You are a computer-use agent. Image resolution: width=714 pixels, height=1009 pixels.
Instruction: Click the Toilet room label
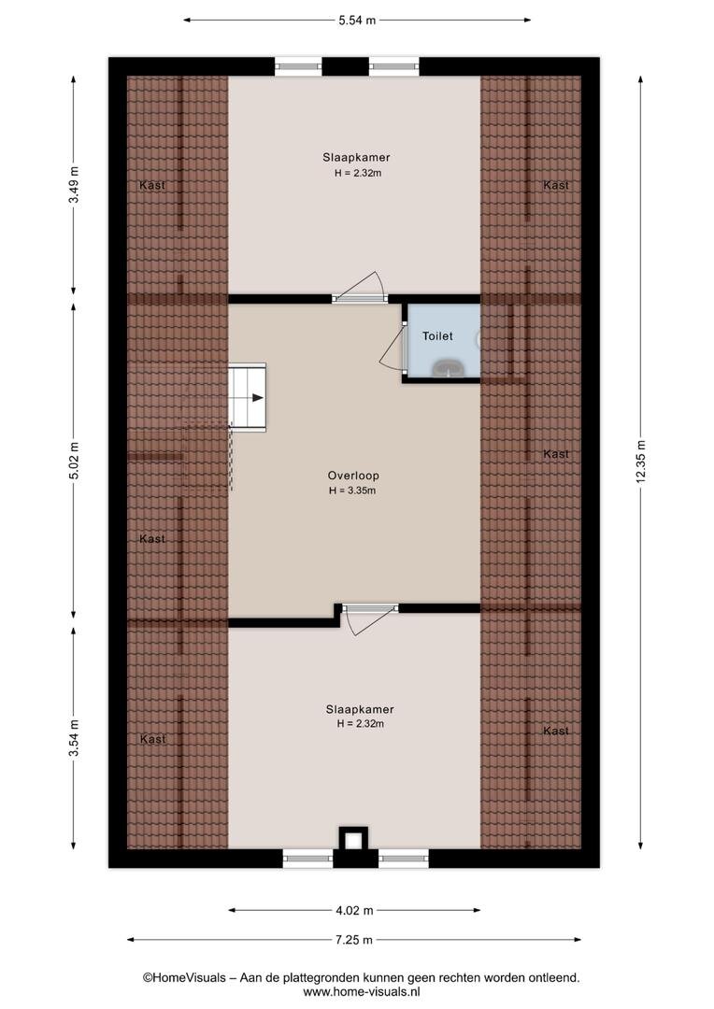pyautogui.click(x=437, y=336)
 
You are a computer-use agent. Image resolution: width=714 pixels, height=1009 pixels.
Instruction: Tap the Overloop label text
pyautogui.click(x=353, y=476)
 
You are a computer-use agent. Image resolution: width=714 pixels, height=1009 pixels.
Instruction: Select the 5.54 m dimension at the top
pyautogui.click(x=357, y=20)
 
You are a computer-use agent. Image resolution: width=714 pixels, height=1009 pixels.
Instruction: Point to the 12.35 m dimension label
pyautogui.click(x=640, y=462)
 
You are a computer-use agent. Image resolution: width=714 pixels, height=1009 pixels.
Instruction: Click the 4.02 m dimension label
pyautogui.click(x=355, y=910)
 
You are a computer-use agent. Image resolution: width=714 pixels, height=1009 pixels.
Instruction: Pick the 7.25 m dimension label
pyautogui.click(x=354, y=940)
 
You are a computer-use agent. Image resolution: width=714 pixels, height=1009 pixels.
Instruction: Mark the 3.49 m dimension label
pyautogui.click(x=74, y=185)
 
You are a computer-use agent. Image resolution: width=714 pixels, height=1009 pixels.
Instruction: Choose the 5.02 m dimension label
pyautogui.click(x=74, y=461)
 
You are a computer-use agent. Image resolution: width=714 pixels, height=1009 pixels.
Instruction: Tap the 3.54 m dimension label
pyautogui.click(x=74, y=738)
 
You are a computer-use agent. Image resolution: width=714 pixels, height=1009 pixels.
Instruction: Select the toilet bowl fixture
pyautogui.click(x=448, y=368)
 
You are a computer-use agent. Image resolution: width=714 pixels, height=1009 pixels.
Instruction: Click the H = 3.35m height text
pyautogui.click(x=353, y=490)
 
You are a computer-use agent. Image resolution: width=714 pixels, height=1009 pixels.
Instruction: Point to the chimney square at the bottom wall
pyautogui.click(x=353, y=840)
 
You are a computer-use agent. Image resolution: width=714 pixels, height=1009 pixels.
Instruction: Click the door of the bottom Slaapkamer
pyautogui.click(x=369, y=618)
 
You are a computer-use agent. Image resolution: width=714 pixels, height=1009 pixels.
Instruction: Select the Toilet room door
pyautogui.click(x=394, y=345)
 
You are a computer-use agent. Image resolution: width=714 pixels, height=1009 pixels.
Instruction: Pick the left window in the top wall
pyautogui.click(x=298, y=65)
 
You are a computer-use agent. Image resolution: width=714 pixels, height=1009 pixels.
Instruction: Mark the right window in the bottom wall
pyautogui.click(x=403, y=858)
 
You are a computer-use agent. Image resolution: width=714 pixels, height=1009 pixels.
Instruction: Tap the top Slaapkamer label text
pyautogui.click(x=357, y=157)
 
